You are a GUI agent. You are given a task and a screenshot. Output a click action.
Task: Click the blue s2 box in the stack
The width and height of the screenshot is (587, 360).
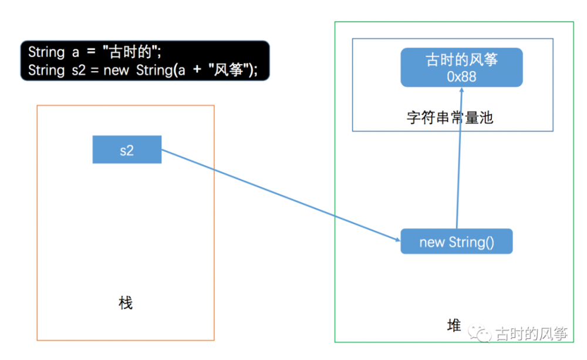point(127,150)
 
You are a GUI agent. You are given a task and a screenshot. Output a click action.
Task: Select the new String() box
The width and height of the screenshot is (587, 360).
point(456,241)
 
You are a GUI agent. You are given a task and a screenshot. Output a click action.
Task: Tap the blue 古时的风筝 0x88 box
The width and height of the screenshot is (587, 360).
point(461,67)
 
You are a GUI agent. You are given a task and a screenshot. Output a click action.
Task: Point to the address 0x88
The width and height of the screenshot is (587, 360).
point(461,76)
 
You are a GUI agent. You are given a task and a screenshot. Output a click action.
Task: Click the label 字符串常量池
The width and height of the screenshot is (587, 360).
point(450,117)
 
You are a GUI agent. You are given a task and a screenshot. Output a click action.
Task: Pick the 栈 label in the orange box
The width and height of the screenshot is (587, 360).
point(126,303)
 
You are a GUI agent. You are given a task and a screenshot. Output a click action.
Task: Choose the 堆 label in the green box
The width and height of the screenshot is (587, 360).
point(454,326)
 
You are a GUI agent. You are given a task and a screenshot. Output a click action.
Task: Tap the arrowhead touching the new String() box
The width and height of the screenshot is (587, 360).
point(396,238)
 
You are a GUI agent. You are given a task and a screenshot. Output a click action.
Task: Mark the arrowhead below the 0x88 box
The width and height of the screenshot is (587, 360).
point(462,92)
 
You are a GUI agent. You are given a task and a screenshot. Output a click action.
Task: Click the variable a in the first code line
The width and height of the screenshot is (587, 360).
point(76,52)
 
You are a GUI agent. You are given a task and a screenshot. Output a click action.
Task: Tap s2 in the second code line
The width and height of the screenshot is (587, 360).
point(81,70)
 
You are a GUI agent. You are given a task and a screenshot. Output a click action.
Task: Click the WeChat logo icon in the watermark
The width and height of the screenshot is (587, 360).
point(484,335)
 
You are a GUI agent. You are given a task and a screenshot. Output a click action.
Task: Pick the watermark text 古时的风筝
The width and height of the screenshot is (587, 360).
point(532,335)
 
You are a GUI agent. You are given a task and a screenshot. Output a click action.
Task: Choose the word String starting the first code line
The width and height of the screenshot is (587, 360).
point(46,52)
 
